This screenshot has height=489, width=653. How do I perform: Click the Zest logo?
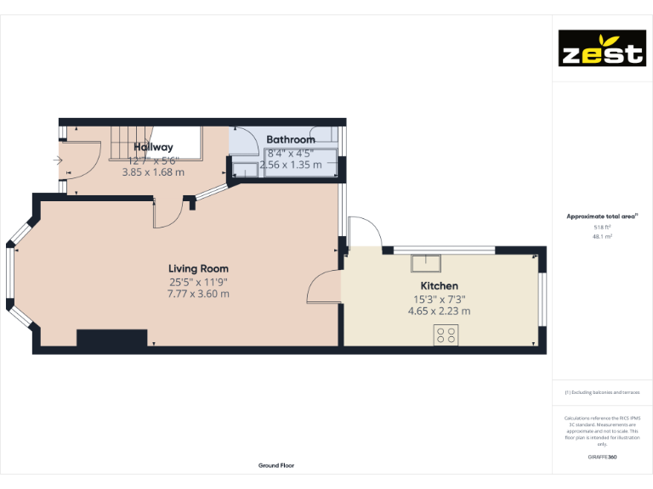coord(601,48)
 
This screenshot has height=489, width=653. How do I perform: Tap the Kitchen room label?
coord(439,286)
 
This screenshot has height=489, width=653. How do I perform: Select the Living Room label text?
coord(198,268)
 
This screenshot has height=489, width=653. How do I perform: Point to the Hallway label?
coord(153,147)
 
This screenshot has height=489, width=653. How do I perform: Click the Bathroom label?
coord(291,139)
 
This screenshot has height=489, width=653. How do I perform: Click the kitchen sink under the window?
coord(426,261)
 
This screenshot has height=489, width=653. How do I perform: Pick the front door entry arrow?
coord(57,160)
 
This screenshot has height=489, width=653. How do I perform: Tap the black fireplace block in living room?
coord(112,338)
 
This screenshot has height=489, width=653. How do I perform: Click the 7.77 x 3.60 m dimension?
coord(198,294)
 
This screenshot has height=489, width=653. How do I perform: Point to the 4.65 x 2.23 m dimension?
coord(439,311)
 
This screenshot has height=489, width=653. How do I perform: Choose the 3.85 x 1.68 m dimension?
coord(153,171)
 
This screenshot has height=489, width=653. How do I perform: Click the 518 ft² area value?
coord(602,228)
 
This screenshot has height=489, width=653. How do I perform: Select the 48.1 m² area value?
coord(602,237)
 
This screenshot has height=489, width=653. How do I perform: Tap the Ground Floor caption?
coord(276,465)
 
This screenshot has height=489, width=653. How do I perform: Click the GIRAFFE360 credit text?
coord(602,458)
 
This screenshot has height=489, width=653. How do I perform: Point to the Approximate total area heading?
coord(601,216)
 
